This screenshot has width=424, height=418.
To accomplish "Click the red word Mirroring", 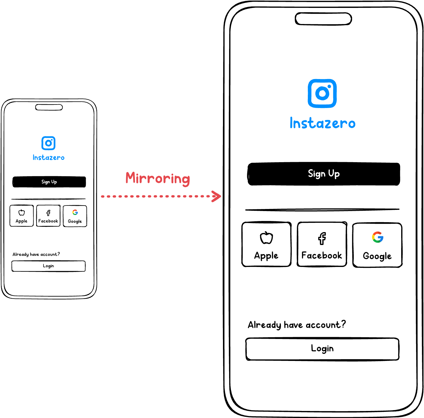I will pyautogui.click(x=158, y=178).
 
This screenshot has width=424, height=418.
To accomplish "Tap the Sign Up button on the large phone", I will pyautogui.click(x=324, y=174).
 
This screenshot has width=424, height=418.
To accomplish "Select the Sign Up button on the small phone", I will pyautogui.click(x=49, y=182).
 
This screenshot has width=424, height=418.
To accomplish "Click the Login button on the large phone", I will pyautogui.click(x=322, y=349).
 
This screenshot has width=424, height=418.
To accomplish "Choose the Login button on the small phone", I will pyautogui.click(x=49, y=266).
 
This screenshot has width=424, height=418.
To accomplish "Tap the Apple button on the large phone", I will pyautogui.click(x=266, y=244).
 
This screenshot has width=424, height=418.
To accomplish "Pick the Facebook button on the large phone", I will pyautogui.click(x=322, y=244).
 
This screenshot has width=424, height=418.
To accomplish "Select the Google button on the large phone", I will pyautogui.click(x=377, y=245).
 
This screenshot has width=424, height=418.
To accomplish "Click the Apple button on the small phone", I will pyautogui.click(x=22, y=216).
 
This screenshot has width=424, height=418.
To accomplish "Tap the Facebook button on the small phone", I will pyautogui.click(x=48, y=216).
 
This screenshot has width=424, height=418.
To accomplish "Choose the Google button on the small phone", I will pyautogui.click(x=75, y=216).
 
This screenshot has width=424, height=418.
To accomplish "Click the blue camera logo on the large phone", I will pyautogui.click(x=322, y=93).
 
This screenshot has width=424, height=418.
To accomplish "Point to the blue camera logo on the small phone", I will pyautogui.click(x=49, y=143).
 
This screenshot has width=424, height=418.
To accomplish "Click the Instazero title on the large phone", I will pyautogui.click(x=322, y=123).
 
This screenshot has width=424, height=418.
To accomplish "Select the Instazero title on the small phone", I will pyautogui.click(x=49, y=157).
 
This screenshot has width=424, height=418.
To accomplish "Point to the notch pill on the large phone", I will pyautogui.click(x=323, y=19).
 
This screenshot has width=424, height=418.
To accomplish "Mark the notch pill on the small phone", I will pyautogui.click(x=49, y=107).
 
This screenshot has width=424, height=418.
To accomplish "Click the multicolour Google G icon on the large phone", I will pyautogui.click(x=378, y=237).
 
